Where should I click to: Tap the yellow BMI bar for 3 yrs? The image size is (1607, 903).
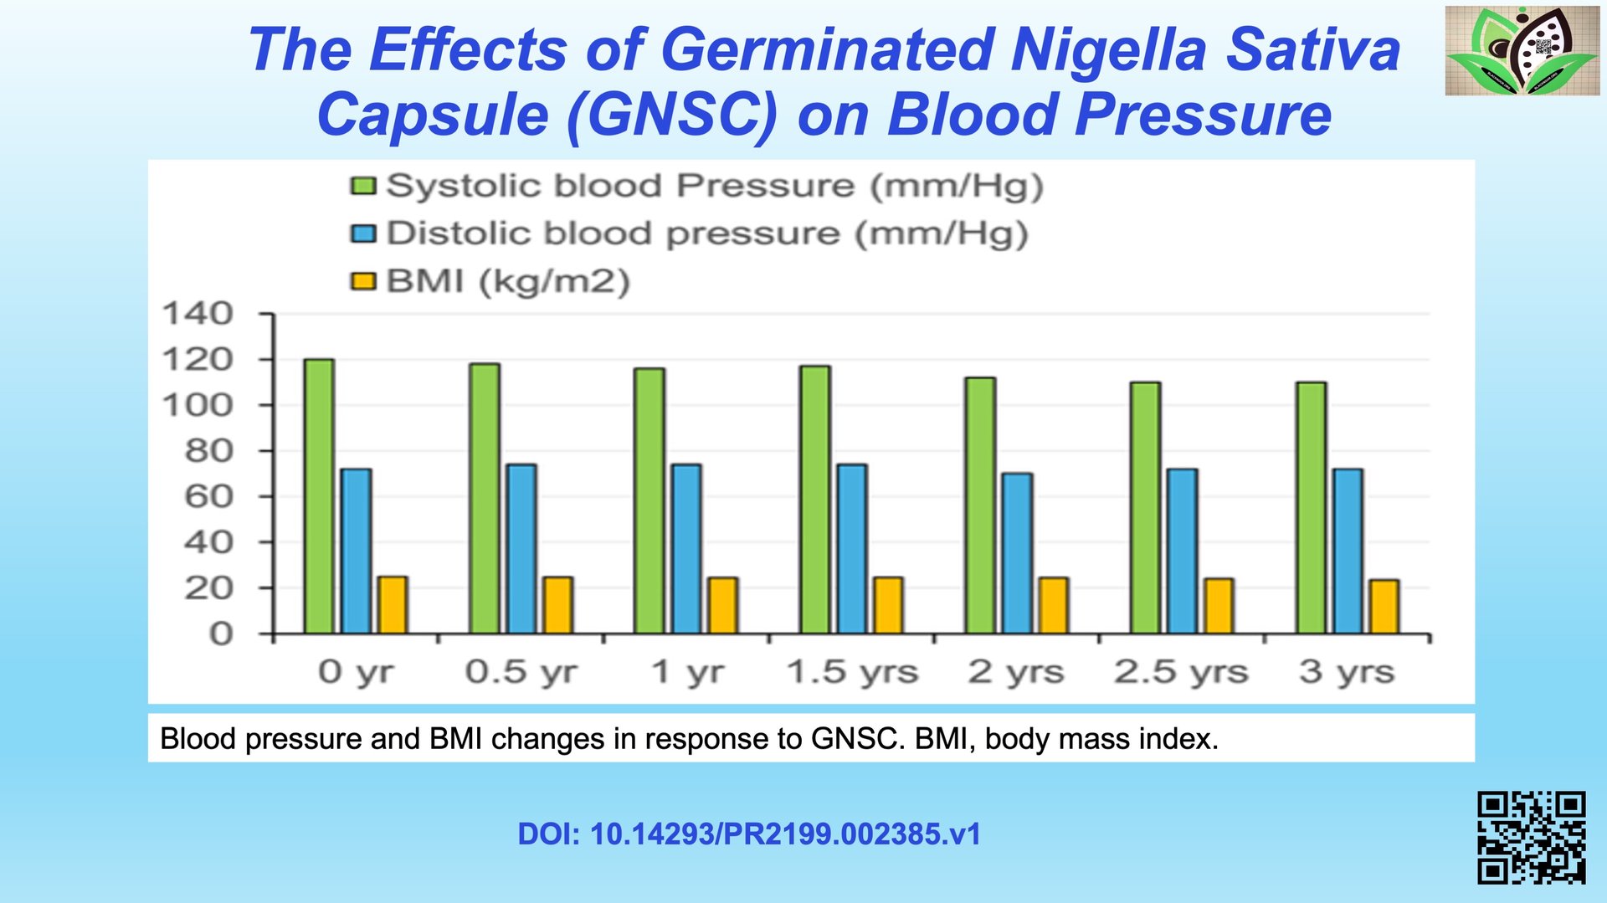coord(1384,607)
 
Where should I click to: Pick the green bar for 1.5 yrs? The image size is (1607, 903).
coord(815,500)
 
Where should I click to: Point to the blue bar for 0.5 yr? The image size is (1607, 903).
coord(521,549)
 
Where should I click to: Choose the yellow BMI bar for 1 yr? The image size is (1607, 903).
coord(722,605)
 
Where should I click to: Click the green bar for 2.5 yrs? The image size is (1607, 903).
coord(1145,508)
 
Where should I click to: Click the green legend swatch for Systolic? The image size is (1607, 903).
coord(363,185)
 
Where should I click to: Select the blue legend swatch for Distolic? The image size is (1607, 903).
coord(363,233)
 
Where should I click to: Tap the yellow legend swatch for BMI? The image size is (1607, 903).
coord(363,281)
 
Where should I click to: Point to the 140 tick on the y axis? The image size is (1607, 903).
coord(198,314)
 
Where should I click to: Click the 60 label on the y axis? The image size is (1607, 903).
coord(208,496)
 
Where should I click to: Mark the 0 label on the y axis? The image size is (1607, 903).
coord(220,634)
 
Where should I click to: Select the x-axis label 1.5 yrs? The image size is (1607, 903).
coord(852,672)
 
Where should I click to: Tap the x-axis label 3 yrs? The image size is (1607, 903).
coord(1346,672)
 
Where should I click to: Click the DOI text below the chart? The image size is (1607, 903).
coord(748,834)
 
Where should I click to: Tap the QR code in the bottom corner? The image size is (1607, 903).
coord(1531,837)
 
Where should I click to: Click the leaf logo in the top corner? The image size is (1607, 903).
coord(1522,50)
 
